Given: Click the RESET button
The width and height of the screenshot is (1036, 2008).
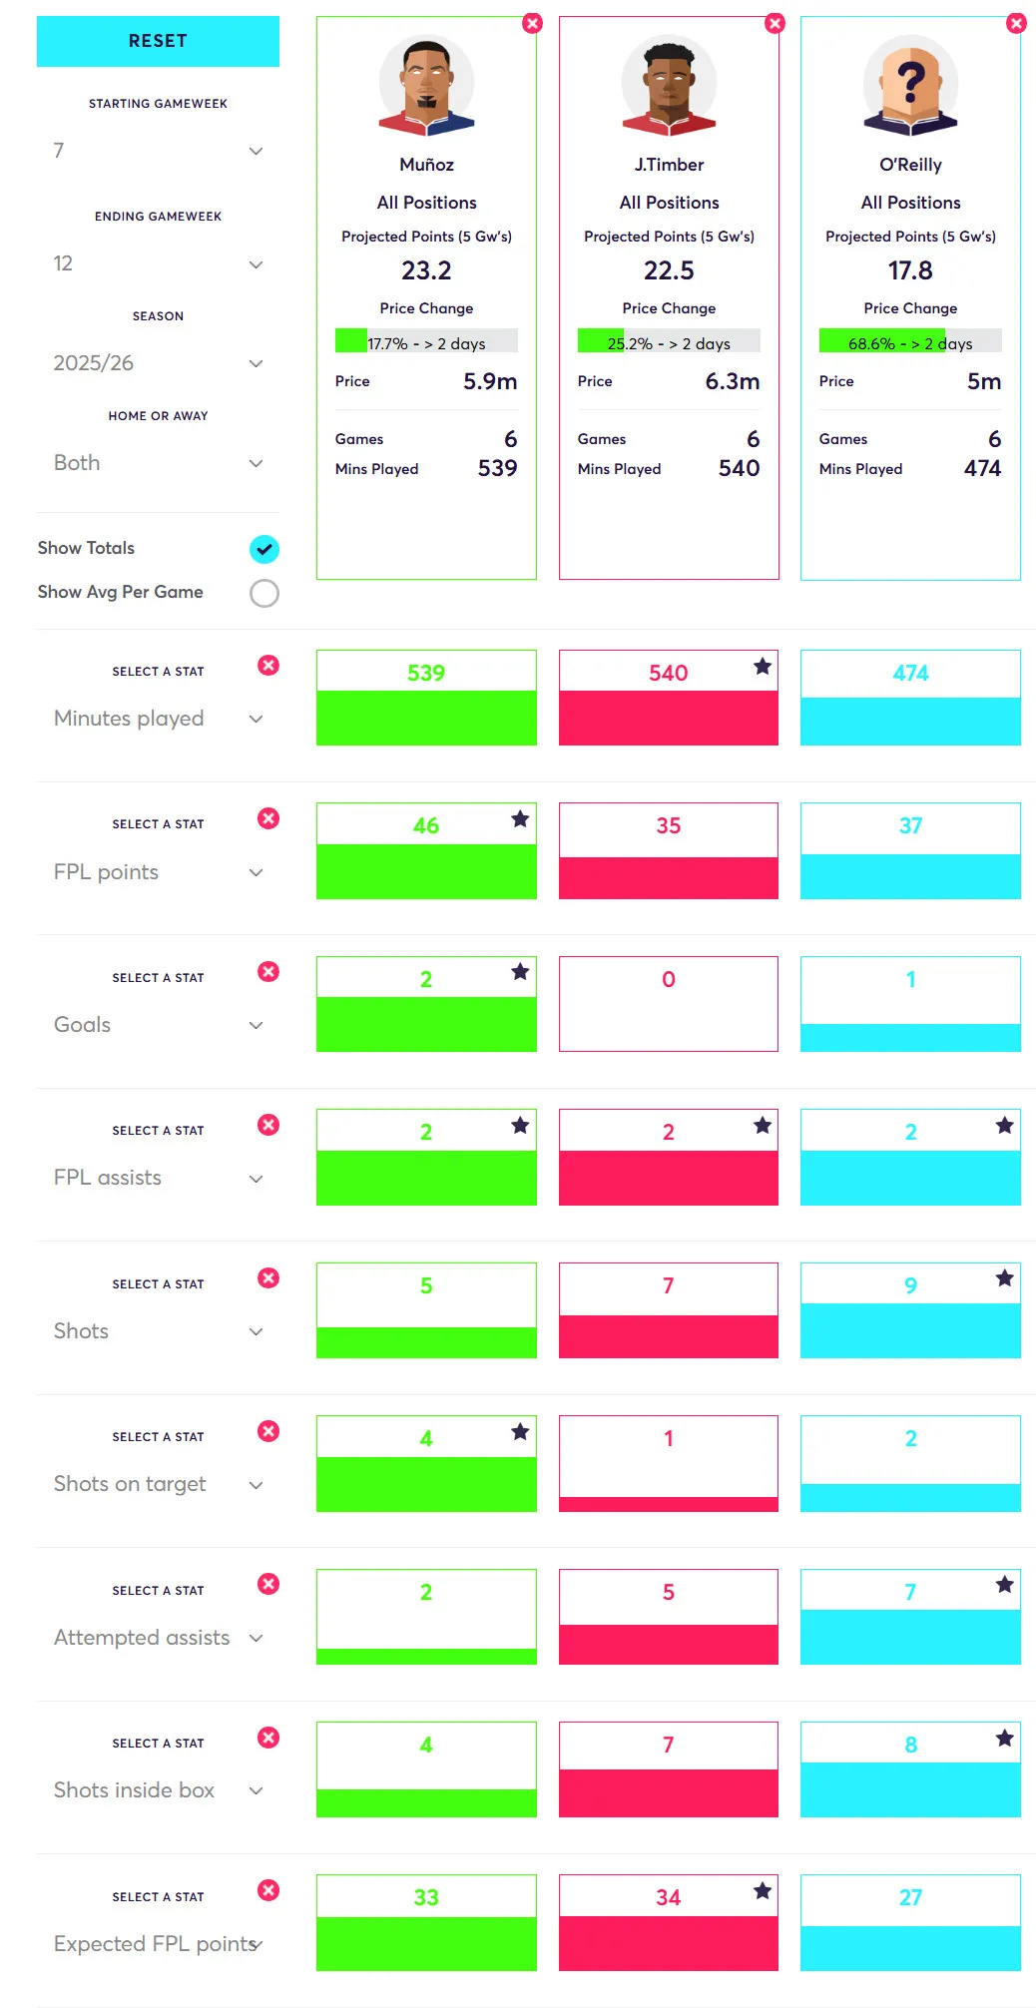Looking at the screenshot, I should coord(158,41).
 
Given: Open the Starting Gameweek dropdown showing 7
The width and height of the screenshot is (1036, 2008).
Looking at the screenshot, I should coord(158,151).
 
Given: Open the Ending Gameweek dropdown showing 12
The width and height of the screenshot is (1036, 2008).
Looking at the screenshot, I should coord(158,263).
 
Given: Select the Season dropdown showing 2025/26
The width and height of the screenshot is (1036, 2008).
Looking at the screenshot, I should coord(158,363).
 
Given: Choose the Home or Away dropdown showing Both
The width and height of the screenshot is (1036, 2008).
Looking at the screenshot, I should coord(158,463).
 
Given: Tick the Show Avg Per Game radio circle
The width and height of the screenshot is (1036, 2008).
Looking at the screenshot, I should coord(263,593).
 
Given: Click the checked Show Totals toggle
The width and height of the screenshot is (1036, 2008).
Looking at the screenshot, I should coord(263,549).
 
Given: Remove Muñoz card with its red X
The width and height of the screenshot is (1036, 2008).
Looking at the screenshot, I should coord(532,23).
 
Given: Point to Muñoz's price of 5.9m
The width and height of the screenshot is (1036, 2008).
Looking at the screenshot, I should coord(489,381).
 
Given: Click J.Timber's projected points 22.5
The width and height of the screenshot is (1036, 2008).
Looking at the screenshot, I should coord(669,270).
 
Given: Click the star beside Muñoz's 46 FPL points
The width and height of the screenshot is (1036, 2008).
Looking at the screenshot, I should coord(520,819).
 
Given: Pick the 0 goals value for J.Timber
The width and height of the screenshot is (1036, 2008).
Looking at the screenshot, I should coord(669,980).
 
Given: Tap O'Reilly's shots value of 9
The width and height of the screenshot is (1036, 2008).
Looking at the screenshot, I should coord(910,1285).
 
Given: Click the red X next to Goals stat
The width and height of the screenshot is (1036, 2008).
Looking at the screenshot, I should coord(268,971).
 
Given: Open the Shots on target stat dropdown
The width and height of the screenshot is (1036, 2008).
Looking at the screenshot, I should coord(158,1484).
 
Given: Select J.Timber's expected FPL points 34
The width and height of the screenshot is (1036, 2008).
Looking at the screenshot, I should coord(668,1897).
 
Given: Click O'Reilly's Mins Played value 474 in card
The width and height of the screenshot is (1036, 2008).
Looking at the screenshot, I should coord(982,468).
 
